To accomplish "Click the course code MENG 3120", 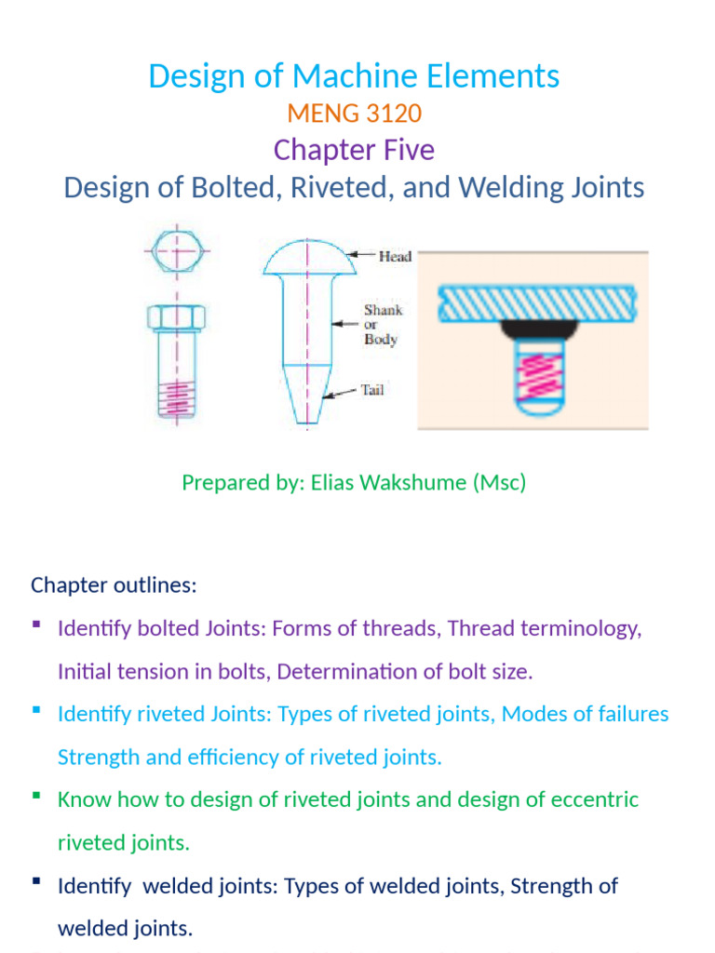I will tap(354, 114).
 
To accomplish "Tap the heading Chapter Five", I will tap(354, 150).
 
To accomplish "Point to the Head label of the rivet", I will tap(395, 257).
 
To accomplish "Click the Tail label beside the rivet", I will tap(372, 391).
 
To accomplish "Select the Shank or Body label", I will tap(383, 325).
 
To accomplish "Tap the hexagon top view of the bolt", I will tap(177, 250).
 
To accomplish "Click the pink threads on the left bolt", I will tap(177, 400).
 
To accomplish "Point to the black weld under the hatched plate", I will tap(533, 328).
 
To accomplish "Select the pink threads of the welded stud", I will tap(533, 374).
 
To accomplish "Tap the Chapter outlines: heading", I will tap(114, 584).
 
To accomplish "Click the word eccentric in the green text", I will tap(596, 799).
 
